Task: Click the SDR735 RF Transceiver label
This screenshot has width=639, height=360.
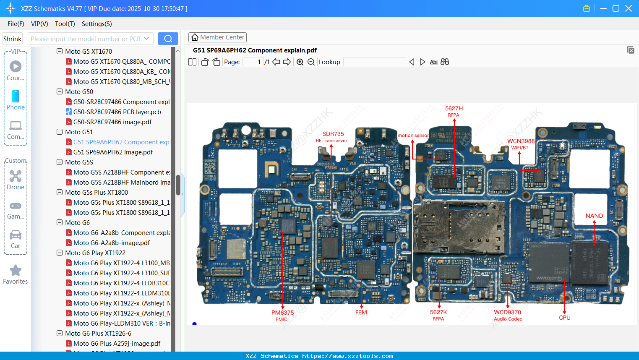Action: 332,137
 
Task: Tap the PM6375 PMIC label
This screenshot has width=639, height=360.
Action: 282,315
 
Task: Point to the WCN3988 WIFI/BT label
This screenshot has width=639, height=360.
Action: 521,143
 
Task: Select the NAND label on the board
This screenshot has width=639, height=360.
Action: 594,216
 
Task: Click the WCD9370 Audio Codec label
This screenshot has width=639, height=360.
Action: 508,315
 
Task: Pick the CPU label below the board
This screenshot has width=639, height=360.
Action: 564,318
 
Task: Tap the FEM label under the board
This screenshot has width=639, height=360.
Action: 361,313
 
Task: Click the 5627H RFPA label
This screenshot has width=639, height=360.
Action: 454,111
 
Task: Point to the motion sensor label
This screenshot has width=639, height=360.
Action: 413,136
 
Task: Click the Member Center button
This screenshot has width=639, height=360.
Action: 217,37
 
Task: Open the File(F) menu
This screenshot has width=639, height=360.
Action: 16,24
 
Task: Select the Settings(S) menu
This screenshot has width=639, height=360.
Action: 97,24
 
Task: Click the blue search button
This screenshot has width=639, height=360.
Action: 168,39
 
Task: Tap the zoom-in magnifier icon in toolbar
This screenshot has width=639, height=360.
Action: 300,62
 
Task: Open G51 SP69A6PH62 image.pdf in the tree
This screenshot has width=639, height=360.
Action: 113,152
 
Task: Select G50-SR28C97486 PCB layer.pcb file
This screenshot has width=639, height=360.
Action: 117,112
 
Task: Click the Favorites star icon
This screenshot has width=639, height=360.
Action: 16,271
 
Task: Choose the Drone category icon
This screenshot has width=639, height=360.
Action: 16,176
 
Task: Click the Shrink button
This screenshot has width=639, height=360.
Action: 13,39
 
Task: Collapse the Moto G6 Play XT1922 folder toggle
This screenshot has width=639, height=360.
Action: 60,253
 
